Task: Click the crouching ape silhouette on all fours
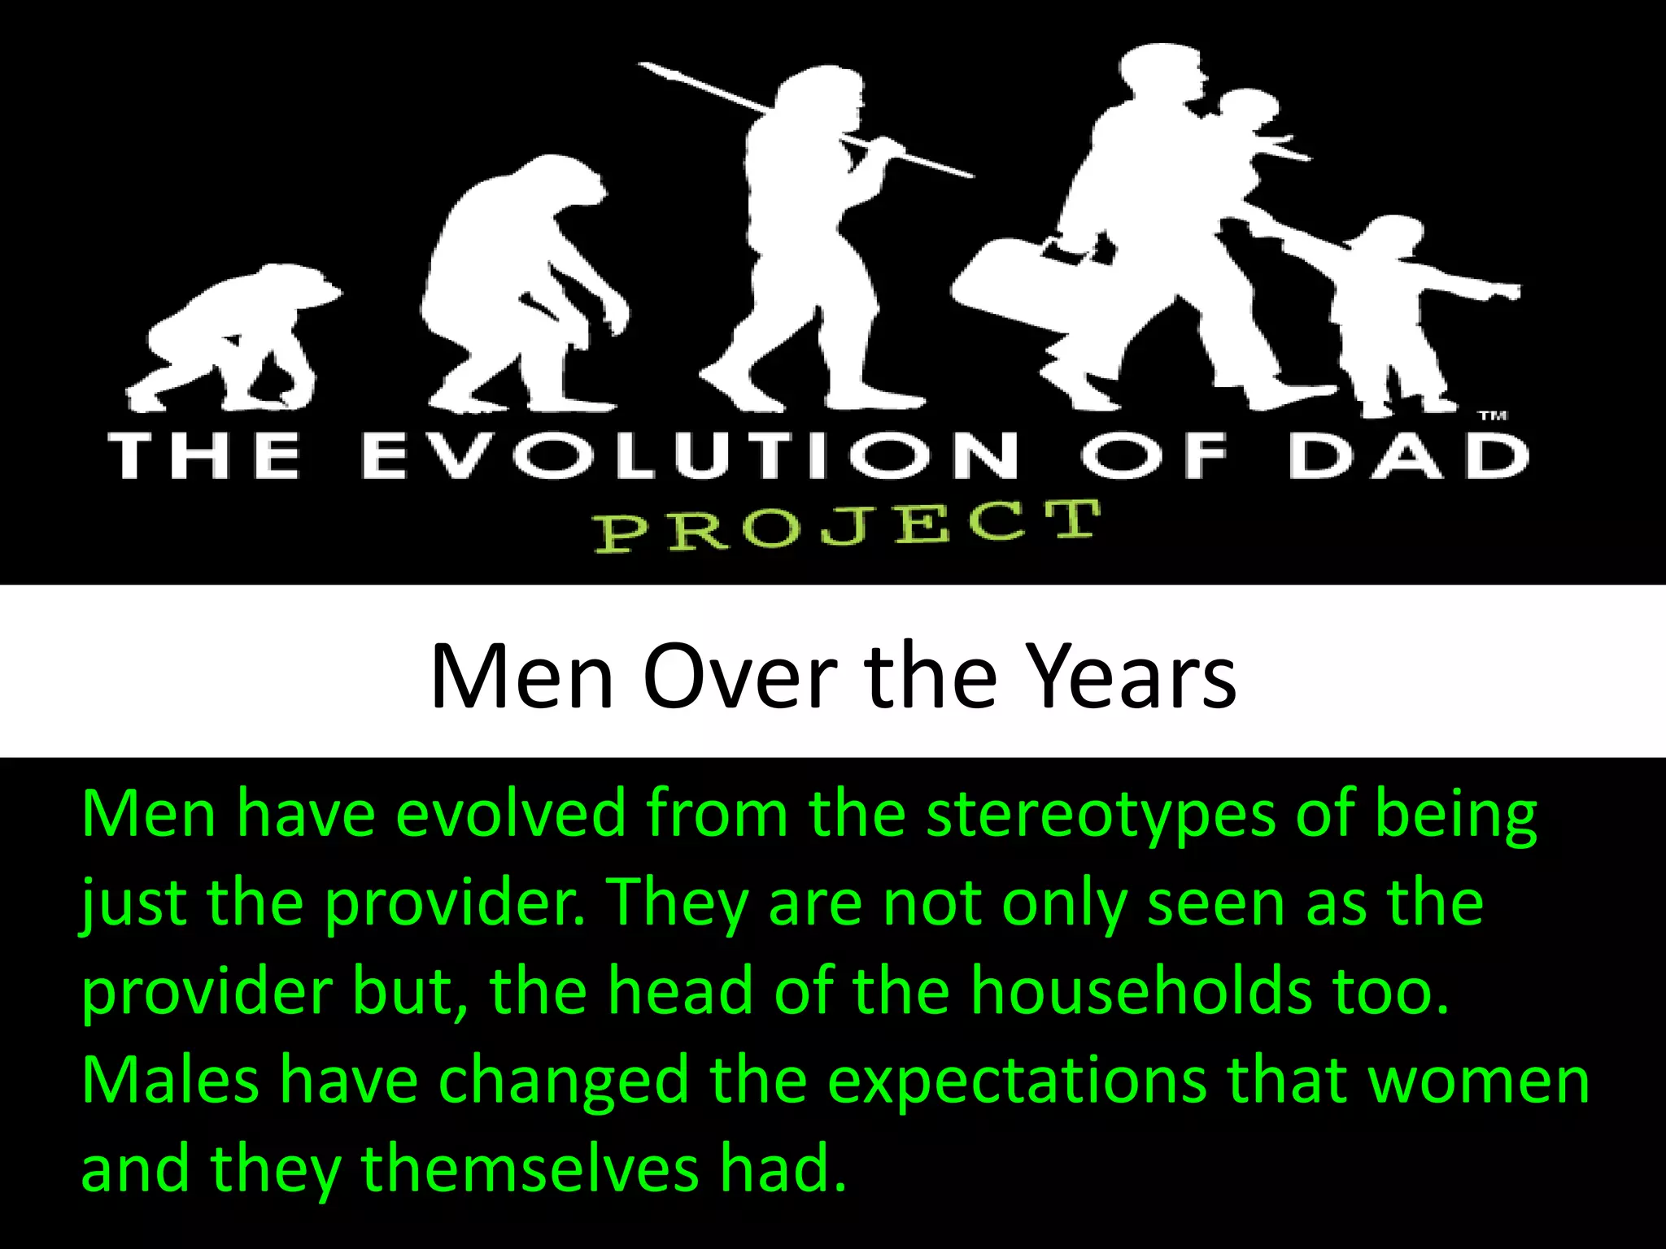[x=236, y=333]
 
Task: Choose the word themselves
[x=530, y=1169]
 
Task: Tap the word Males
[x=170, y=1080]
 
